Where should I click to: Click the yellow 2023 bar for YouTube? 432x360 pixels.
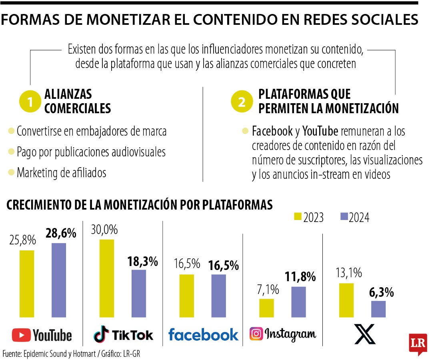tap(27, 284)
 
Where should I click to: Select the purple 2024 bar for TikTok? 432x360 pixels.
tap(139, 293)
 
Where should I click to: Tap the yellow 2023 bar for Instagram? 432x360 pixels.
tap(267, 308)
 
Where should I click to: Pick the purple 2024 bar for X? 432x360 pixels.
tap(378, 309)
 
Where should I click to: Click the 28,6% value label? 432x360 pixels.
tap(61, 233)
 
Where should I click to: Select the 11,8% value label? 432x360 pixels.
tap(300, 276)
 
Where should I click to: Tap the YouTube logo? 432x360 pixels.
tap(42, 335)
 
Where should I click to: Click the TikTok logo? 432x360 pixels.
tap(123, 334)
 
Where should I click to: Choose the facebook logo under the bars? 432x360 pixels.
tap(203, 334)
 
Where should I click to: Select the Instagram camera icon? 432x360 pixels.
tap(256, 334)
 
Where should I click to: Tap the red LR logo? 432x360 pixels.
tap(417, 343)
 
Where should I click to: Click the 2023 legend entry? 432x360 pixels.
tap(309, 217)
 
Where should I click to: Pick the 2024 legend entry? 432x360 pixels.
tap(354, 217)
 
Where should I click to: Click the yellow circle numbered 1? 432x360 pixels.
tap(30, 102)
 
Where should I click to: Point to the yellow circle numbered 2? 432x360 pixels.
tap(242, 102)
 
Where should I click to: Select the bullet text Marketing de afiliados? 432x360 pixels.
tap(61, 172)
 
